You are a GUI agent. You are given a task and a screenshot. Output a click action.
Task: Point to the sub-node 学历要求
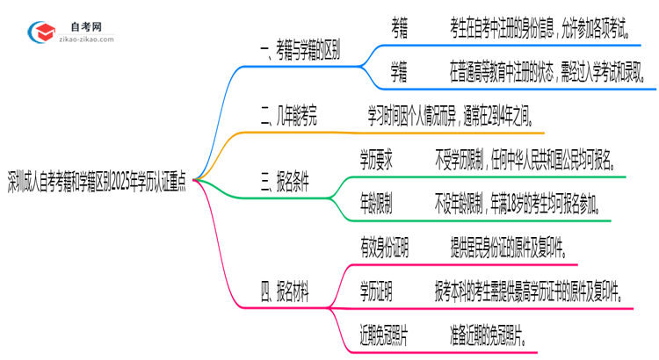click(376, 161)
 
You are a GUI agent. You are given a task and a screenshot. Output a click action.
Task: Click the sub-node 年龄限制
click(376, 205)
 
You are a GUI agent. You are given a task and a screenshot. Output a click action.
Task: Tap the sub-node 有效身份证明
click(385, 247)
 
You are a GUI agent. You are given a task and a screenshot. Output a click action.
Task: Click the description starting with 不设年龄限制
click(517, 205)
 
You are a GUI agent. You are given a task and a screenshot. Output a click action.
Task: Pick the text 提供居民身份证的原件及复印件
click(501, 247)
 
